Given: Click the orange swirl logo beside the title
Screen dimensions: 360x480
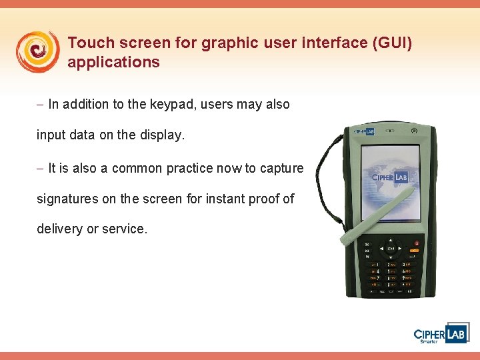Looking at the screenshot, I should (37, 52).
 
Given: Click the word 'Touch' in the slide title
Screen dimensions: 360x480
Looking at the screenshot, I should (87, 43).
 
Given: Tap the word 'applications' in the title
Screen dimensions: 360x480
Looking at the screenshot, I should (113, 63).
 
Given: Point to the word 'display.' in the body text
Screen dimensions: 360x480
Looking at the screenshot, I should (160, 135).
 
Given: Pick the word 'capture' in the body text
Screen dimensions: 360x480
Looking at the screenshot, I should (281, 168).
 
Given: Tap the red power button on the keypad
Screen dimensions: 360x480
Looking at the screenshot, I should (417, 243).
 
